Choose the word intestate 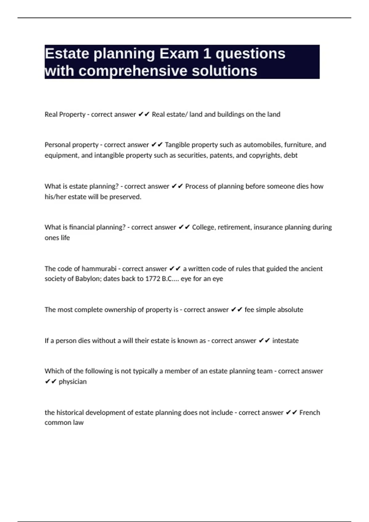pos(285,341)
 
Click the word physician pos(73,381)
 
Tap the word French pos(310,412)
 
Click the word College pos(204,227)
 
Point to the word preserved pos(125,197)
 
